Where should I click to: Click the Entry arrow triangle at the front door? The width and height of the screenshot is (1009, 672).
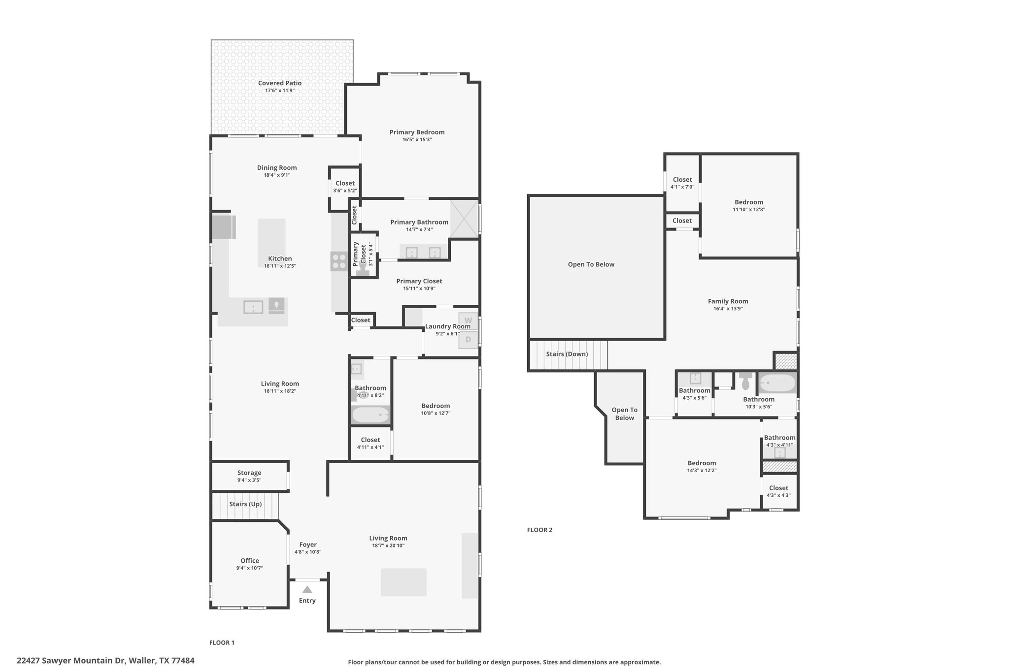307,589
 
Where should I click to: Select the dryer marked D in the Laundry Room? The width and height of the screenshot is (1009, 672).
468,340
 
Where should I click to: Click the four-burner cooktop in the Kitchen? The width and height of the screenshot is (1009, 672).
338,260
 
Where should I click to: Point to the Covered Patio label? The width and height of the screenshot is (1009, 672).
280,83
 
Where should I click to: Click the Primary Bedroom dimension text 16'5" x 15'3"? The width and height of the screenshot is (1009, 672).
417,140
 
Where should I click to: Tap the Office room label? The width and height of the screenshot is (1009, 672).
250,560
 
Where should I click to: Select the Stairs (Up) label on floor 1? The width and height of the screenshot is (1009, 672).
245,504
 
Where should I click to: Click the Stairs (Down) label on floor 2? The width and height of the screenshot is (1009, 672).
567,354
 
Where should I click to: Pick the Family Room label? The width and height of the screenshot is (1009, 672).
728,301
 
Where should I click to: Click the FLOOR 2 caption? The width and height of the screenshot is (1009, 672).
540,530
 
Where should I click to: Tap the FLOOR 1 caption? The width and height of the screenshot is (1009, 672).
222,642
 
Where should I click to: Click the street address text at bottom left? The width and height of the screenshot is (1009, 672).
105,661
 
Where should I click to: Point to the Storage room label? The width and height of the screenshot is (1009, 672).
249,473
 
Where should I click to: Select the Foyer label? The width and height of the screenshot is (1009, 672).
308,544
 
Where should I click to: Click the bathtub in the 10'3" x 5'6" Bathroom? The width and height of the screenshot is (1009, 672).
777,383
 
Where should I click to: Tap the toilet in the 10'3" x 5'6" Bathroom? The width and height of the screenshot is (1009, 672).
745,381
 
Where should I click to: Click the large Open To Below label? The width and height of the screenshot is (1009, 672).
591,264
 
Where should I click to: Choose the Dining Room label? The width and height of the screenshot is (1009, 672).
277,167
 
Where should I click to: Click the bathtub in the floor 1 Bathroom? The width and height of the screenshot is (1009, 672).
370,415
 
